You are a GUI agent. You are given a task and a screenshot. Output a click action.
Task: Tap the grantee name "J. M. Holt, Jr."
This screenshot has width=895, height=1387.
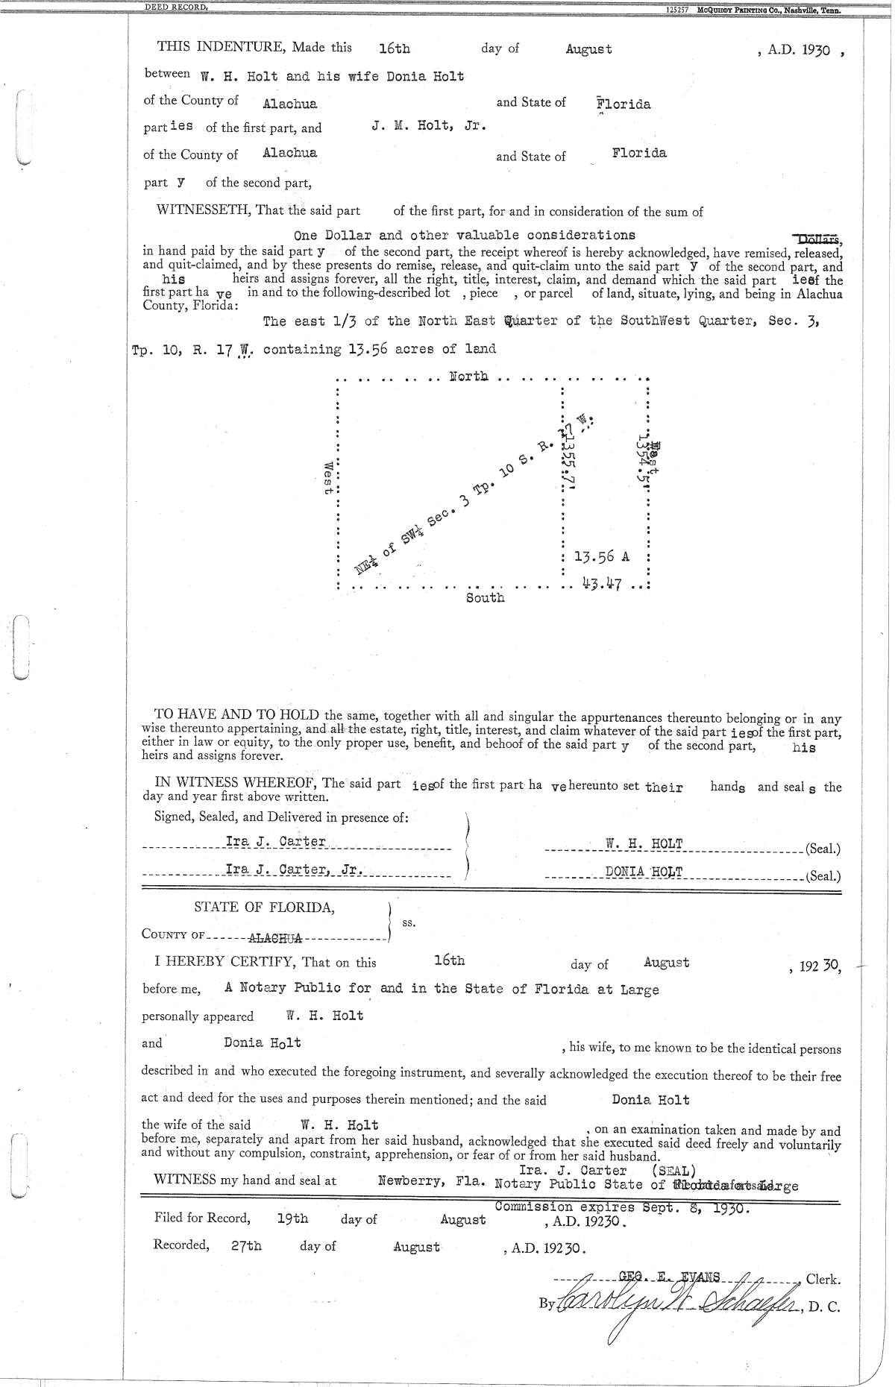pyautogui.click(x=429, y=126)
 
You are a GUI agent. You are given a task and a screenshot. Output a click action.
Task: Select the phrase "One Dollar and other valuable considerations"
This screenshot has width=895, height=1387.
pyautogui.click(x=465, y=236)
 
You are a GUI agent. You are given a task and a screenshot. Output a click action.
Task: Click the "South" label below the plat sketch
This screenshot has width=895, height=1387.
pyautogui.click(x=485, y=598)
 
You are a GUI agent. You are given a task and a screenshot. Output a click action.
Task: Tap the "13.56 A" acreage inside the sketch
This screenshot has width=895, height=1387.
pyautogui.click(x=602, y=557)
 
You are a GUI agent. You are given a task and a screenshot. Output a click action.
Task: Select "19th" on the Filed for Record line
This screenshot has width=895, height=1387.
pyautogui.click(x=292, y=1218)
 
